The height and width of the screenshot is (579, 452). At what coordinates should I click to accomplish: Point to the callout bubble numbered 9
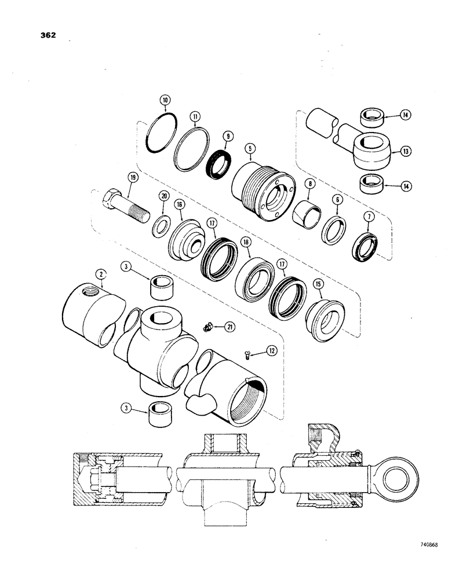click(229, 136)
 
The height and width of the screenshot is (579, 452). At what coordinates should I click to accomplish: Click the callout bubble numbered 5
click(249, 148)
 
